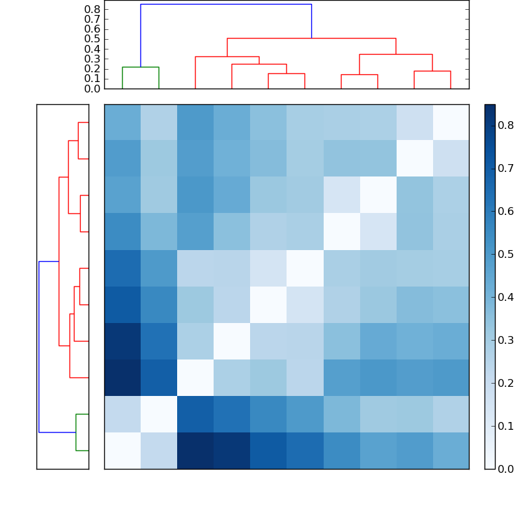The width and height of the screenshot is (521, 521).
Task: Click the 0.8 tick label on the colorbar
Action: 505,126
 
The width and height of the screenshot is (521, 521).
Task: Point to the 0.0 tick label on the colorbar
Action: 505,469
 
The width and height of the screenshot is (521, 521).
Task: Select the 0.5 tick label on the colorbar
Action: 505,254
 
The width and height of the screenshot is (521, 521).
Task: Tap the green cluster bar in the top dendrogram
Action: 141,67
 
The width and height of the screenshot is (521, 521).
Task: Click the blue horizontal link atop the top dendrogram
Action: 226,5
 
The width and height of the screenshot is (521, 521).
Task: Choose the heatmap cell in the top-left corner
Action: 122,122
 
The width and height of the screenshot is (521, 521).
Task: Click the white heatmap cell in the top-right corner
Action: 451,122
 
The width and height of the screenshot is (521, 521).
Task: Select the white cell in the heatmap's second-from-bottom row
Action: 159,414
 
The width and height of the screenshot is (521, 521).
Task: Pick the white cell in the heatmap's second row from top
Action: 414,159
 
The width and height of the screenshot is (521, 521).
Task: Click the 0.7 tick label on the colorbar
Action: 505,169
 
